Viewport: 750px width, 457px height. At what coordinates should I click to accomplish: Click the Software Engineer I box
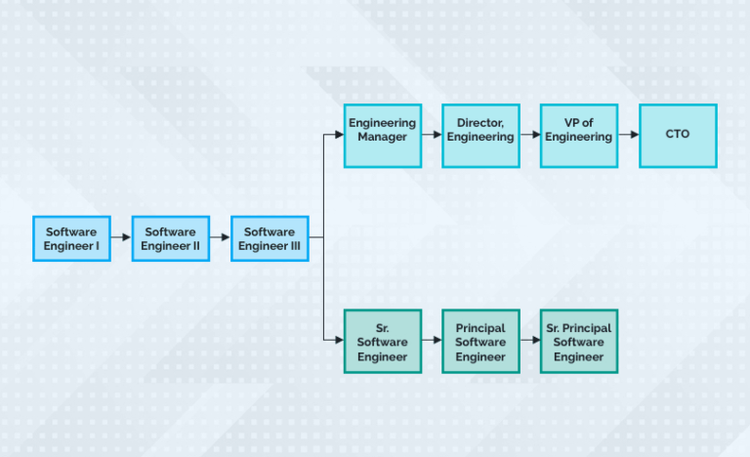(x=71, y=238)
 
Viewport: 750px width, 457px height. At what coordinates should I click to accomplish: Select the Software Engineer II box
(x=171, y=238)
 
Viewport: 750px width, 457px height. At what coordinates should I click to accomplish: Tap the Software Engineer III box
(x=270, y=238)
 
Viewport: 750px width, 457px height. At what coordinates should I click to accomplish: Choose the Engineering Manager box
(x=383, y=136)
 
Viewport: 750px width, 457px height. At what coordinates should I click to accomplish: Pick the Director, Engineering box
(x=480, y=136)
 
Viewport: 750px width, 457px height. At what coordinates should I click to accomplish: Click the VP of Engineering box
(x=579, y=136)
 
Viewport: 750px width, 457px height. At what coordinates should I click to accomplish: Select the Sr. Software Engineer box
(x=383, y=341)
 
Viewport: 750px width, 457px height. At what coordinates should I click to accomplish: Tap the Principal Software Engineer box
(x=480, y=341)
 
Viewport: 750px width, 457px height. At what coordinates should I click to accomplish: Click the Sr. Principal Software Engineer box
(x=579, y=341)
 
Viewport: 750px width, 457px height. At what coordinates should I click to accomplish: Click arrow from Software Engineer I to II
(x=121, y=237)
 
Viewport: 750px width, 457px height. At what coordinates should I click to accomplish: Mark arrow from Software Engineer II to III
(x=221, y=237)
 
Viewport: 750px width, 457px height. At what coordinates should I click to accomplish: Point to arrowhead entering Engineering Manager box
(x=339, y=136)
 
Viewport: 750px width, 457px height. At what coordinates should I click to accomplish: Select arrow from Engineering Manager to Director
(x=432, y=136)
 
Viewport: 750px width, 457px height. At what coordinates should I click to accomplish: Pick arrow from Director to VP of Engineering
(x=530, y=136)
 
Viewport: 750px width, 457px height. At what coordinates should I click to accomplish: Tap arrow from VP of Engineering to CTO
(x=629, y=136)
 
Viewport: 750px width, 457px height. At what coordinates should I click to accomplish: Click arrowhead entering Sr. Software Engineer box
(x=339, y=340)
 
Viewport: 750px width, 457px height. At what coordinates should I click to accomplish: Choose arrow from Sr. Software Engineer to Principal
(x=432, y=340)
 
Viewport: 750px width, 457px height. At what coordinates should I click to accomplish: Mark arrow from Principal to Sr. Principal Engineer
(x=530, y=340)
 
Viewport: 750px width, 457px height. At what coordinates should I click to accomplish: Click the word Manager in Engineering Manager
(x=383, y=138)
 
